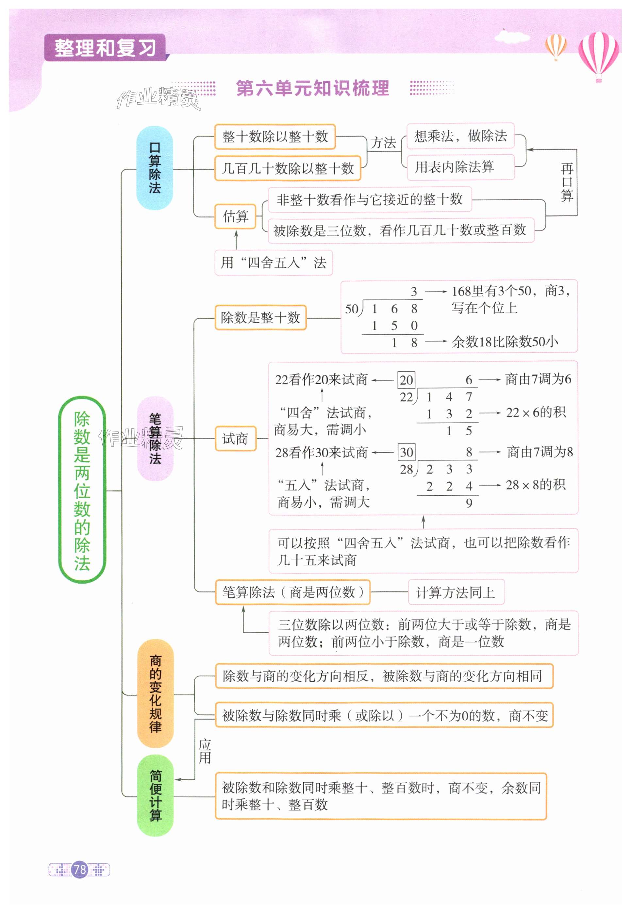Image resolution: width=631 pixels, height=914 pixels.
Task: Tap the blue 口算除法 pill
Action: coord(155,168)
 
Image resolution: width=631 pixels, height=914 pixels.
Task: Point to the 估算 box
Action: coord(236,216)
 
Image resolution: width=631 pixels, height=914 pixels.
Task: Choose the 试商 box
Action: coord(236,439)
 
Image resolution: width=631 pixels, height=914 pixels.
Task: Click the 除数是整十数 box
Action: coord(260,317)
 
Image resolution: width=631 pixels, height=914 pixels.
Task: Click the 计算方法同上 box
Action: coord(456,592)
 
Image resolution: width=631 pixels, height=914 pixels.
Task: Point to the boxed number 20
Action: coord(407,380)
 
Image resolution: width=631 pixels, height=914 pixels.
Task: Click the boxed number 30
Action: coord(407,452)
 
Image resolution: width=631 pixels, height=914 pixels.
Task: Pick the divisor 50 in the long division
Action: coord(352,309)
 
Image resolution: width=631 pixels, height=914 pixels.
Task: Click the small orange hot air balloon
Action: coord(556,46)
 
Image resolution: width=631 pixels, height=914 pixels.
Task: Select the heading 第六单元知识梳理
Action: coord(312,88)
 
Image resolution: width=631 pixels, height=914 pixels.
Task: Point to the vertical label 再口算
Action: coord(567,182)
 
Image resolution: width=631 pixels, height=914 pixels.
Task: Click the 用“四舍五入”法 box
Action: coord(274,262)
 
